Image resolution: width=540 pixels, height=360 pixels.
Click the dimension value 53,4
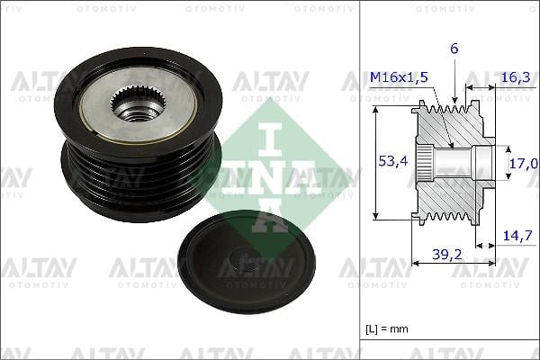(x=388, y=161)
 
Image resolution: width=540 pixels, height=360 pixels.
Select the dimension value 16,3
(x=514, y=78)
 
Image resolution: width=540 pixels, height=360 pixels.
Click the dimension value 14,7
(x=515, y=236)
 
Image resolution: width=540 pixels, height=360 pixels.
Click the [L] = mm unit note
(x=388, y=328)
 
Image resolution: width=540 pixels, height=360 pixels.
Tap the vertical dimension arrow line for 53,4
(x=376, y=162)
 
